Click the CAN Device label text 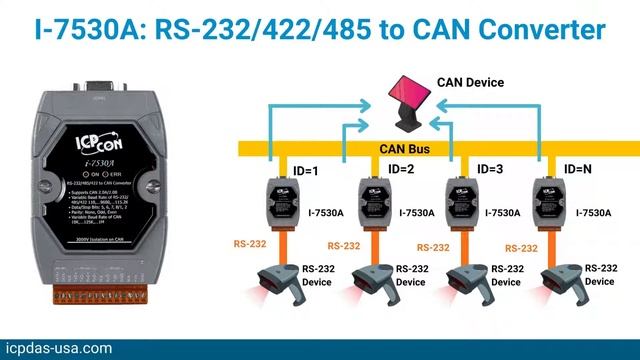pos(471,82)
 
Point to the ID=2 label pos(401,169)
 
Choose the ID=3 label pos(490,169)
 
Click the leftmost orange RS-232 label pos(249,243)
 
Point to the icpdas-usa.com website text pos(59,348)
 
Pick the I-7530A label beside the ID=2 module pos(417,212)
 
